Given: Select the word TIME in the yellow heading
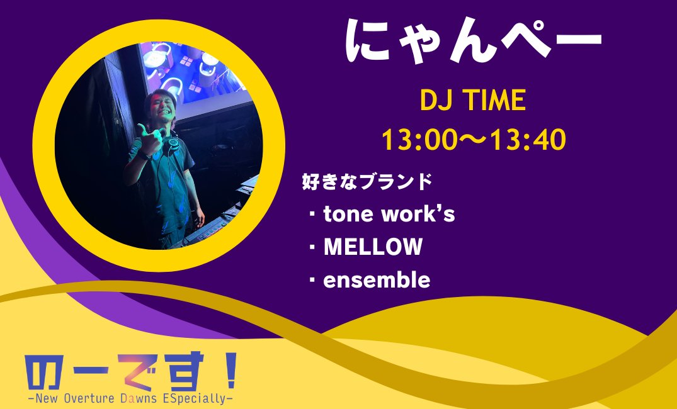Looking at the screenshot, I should pyautogui.click(x=494, y=101).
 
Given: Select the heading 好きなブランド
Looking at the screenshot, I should pyautogui.click(x=368, y=182).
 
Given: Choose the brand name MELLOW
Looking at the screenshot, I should pyautogui.click(x=373, y=247).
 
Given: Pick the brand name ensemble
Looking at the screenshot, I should pyautogui.click(x=377, y=280).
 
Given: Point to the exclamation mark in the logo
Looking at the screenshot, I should pyautogui.click(x=230, y=371).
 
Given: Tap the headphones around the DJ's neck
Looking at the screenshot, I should pyautogui.click(x=170, y=148).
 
